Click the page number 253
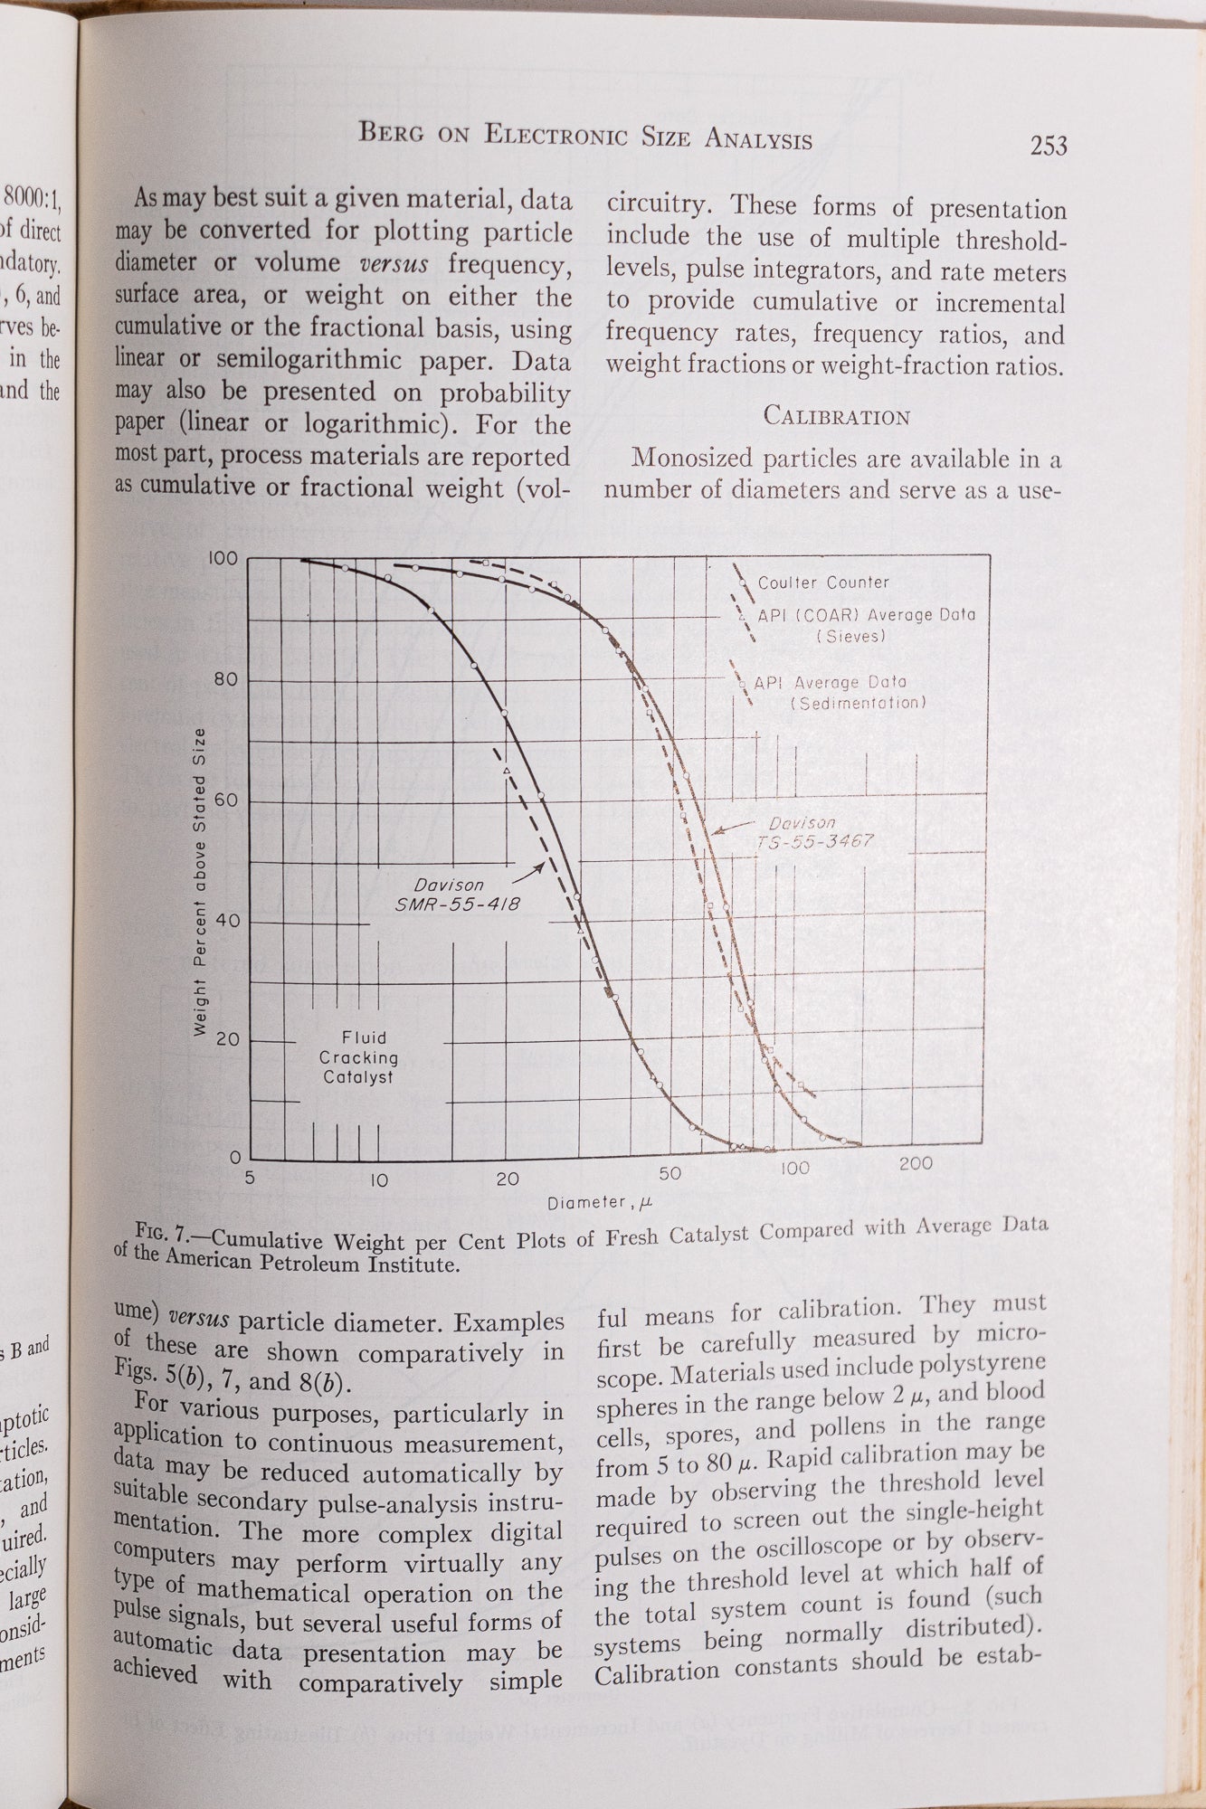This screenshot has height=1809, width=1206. pos(1048,146)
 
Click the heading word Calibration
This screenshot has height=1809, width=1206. pos(836,416)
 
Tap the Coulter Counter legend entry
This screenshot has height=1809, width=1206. pos(822,583)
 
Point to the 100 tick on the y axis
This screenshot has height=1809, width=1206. pos(223,559)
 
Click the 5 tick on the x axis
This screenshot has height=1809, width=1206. pos(250,1179)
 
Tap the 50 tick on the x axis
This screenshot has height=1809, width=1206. pos(669,1174)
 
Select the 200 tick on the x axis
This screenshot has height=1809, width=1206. pos(916,1164)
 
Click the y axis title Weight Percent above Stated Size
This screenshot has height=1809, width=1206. pos(201,881)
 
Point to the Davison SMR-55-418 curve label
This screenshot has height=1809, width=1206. pos(457,894)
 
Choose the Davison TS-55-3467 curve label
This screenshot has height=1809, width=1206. pos(813,832)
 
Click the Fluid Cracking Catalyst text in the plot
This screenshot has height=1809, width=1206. pos(360,1057)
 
